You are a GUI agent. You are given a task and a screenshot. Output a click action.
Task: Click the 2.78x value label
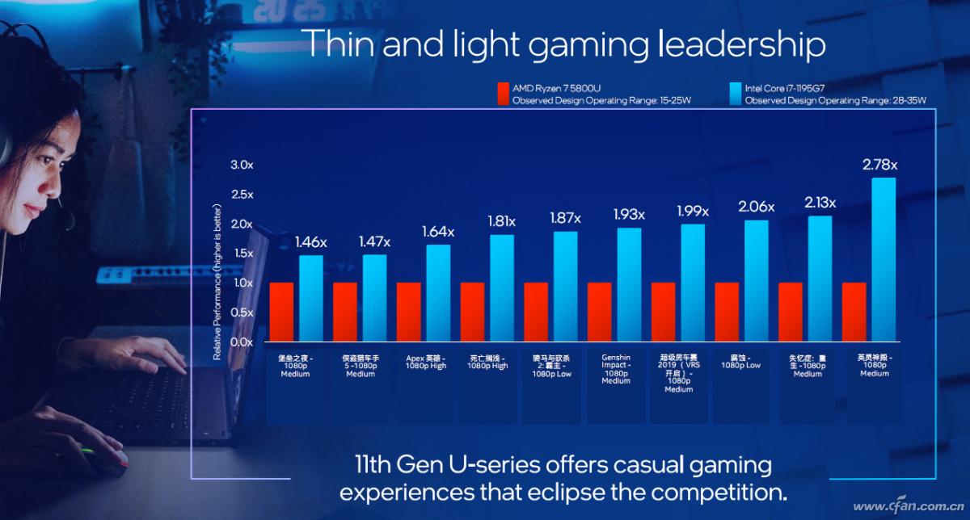coord(879,166)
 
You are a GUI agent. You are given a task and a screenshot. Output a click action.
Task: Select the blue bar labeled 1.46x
coord(311,298)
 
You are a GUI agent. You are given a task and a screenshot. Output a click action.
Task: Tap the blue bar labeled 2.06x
coord(757,280)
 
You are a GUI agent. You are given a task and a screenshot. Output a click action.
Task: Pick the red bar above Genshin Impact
coord(599,312)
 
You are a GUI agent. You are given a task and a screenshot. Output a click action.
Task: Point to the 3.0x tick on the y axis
coord(242,165)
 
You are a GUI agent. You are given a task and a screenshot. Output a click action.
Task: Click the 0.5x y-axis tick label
coord(242,312)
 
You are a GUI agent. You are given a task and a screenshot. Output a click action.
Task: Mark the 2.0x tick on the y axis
coord(242,224)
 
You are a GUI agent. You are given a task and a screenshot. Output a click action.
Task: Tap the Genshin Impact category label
coord(616,369)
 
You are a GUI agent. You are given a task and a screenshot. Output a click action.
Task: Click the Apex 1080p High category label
coord(426,361)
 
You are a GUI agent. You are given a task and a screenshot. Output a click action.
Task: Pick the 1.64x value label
coord(437,232)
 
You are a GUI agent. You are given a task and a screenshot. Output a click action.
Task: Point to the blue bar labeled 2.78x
coord(884,259)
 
